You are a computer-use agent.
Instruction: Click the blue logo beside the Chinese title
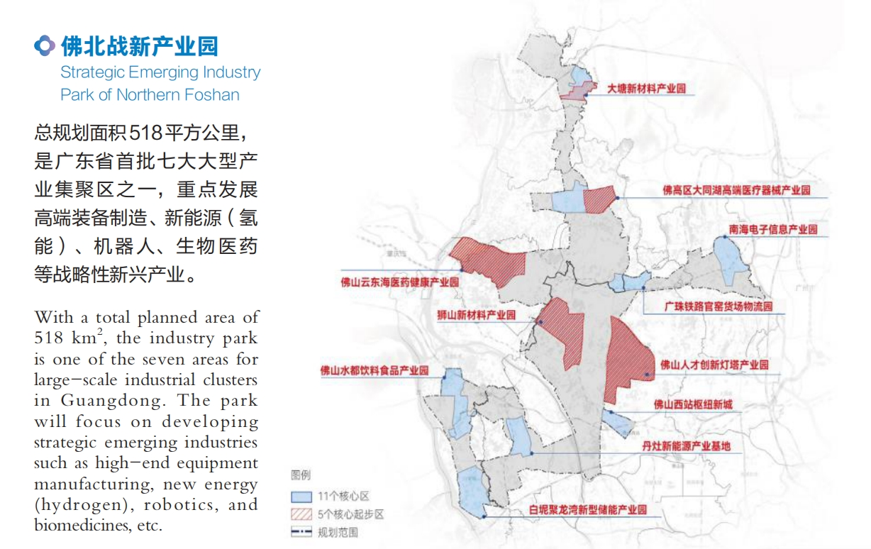pyautogui.click(x=45, y=47)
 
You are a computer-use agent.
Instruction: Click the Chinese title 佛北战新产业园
pyautogui.click(x=140, y=47)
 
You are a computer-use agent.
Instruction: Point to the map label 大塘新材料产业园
pyautogui.click(x=647, y=89)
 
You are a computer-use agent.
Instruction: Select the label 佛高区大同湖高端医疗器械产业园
pyautogui.click(x=736, y=191)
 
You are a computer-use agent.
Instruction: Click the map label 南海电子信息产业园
pyautogui.click(x=772, y=230)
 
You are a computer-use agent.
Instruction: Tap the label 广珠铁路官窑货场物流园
pyautogui.click(x=718, y=307)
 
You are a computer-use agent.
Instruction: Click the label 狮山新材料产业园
pyautogui.click(x=477, y=315)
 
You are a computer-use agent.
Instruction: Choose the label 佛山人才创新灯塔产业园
pyautogui.click(x=714, y=365)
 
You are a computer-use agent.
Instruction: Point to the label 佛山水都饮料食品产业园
pyautogui.click(x=375, y=370)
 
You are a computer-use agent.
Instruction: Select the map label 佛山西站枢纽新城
pyautogui.click(x=692, y=405)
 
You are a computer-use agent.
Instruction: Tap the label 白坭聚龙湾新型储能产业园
pyautogui.click(x=588, y=509)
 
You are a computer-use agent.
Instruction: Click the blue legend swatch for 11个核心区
pyautogui.click(x=301, y=497)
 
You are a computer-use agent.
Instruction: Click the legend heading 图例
pyautogui.click(x=301, y=475)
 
